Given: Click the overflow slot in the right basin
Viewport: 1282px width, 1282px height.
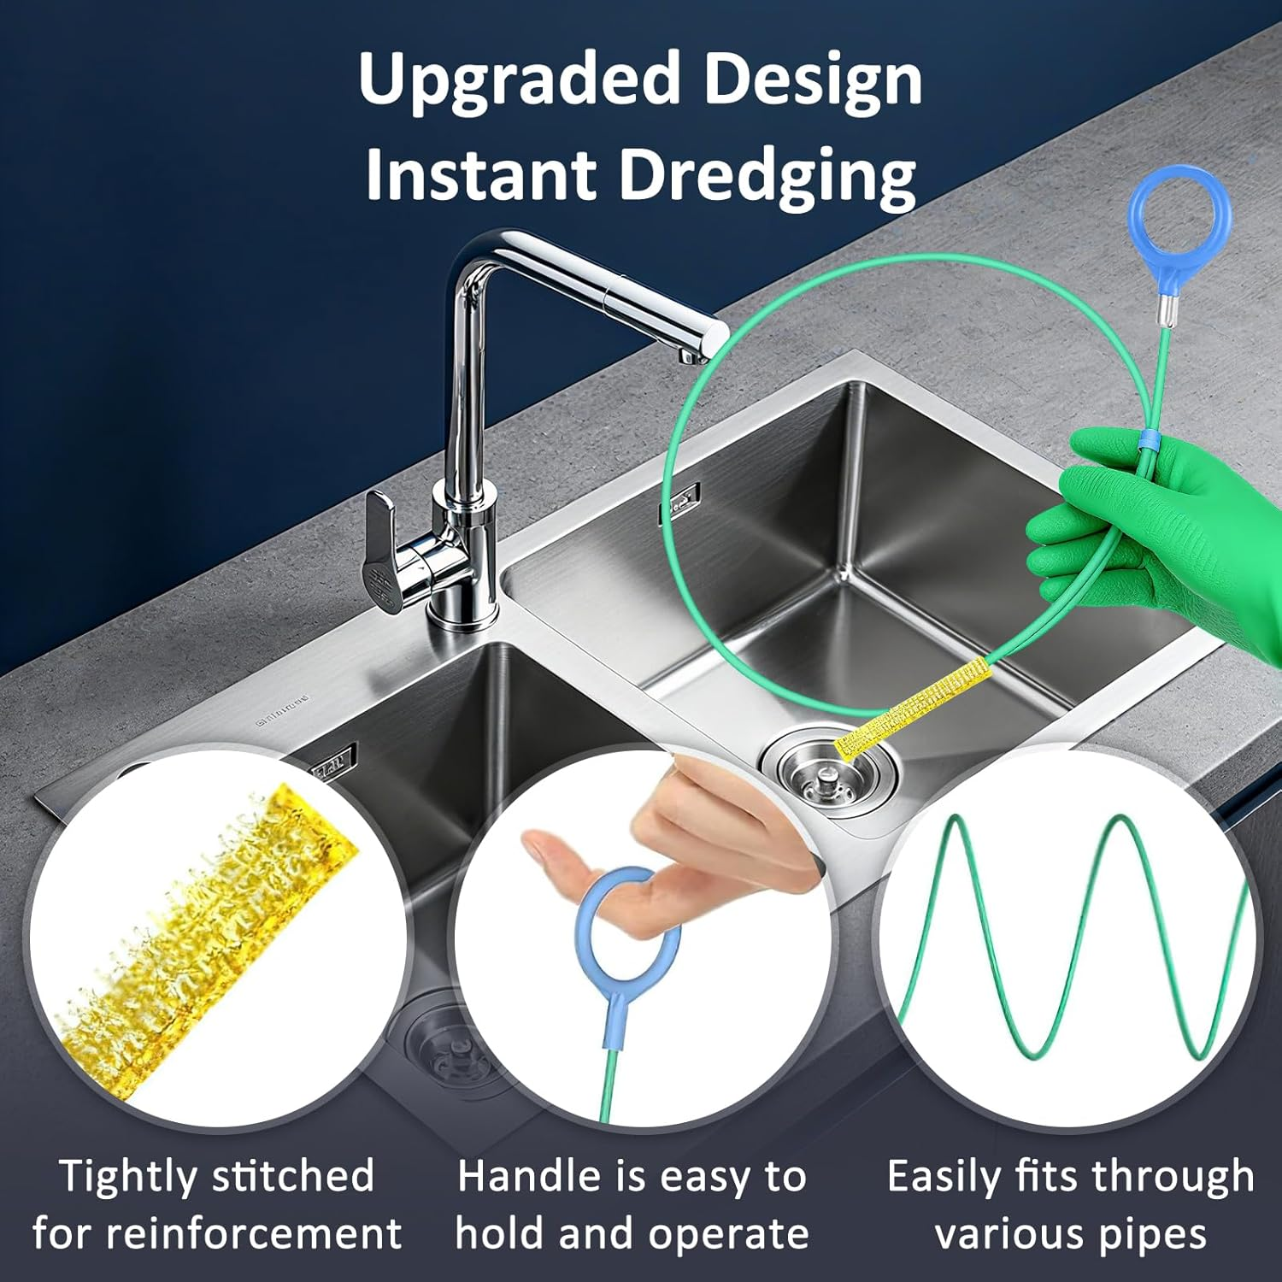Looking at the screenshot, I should [x=679, y=503].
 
